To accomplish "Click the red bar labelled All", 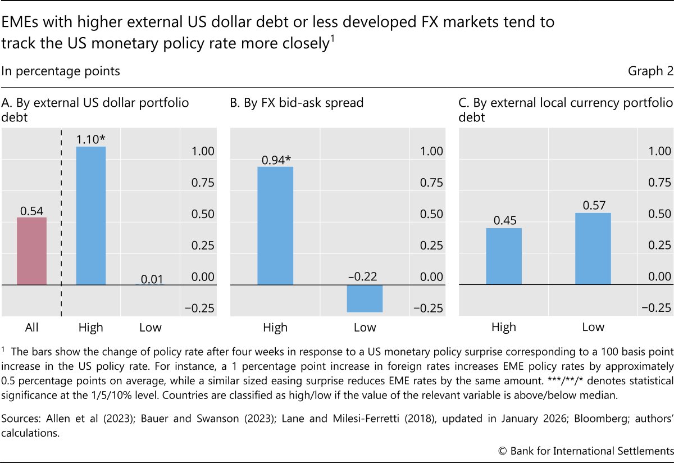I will click(x=32, y=251).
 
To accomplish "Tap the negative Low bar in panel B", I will click(x=365, y=298).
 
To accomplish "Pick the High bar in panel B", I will click(x=275, y=226).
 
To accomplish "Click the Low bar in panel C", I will click(x=593, y=249).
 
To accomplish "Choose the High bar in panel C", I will click(x=504, y=256).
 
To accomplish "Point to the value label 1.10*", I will click(x=91, y=139).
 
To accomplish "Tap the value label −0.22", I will click(x=365, y=276).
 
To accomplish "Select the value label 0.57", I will click(x=593, y=206).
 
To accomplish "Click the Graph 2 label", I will click(x=650, y=71).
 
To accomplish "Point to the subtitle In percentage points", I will click(x=61, y=71).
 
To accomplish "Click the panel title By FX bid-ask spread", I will click(x=297, y=103).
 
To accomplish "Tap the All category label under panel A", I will click(x=32, y=327).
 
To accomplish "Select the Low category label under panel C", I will click(x=593, y=327).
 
